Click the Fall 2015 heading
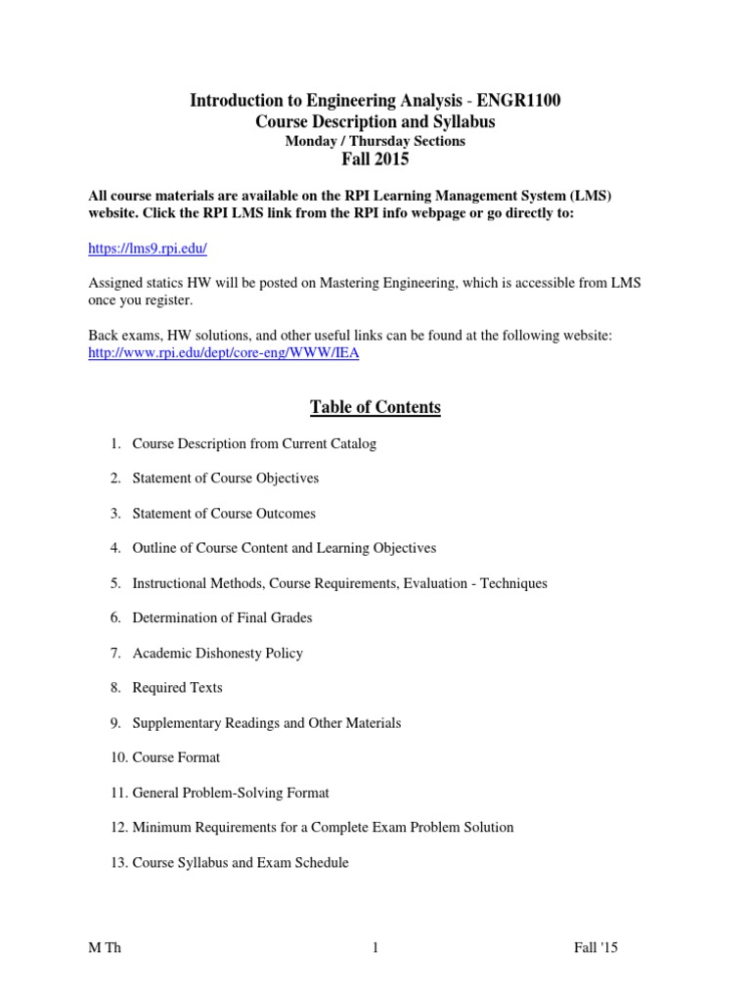[375, 159]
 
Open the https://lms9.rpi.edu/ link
[148, 249]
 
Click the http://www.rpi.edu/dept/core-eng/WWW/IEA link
[224, 353]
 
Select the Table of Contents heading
[375, 407]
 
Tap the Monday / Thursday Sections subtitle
[375, 141]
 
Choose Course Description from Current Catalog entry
[253, 443]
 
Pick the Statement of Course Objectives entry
[225, 478]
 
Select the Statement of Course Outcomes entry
[224, 514]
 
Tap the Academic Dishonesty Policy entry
[217, 654]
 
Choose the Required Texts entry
[177, 688]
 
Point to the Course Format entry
[176, 757]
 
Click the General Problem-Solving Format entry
[231, 793]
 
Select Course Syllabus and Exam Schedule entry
[241, 863]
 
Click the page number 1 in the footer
[375, 948]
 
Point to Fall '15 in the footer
[596, 948]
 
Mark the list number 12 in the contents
[117, 828]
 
